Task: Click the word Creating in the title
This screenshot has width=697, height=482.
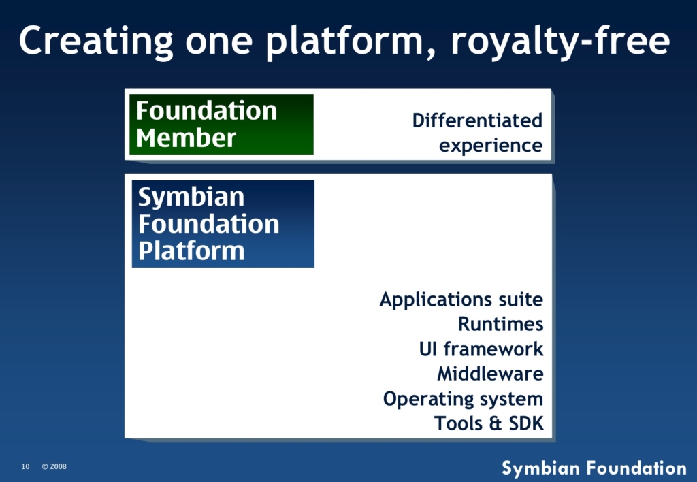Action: coord(96,42)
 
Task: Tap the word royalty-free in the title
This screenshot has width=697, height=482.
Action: coord(560,42)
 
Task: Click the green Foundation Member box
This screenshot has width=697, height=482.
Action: coord(221,124)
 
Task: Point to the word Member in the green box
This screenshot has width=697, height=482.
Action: coord(186,138)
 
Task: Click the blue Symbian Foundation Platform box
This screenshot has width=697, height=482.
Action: coord(223,224)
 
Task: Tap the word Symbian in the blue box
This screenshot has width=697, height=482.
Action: coord(191,197)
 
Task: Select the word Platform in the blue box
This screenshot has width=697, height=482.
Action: coord(191,251)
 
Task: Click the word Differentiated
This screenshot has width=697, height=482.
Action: coord(477,120)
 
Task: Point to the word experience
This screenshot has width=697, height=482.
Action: coord(491,146)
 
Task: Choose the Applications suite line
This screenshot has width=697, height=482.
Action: coord(461,300)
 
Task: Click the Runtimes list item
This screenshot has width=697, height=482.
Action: coord(500,323)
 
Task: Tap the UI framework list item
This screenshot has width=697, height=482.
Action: coord(481,349)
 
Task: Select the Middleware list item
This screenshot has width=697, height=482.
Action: coord(490,374)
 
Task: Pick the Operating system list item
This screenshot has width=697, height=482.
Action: coord(463,399)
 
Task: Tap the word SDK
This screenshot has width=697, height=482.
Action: coord(526,423)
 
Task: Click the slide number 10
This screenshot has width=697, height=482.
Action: coord(25,466)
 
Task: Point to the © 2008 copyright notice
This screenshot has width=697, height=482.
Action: coord(54,466)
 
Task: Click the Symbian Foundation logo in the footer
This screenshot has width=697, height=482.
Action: coord(594,468)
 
